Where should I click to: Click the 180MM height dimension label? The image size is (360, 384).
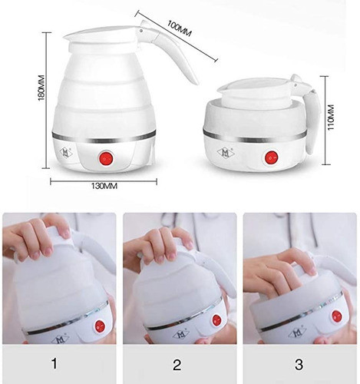point(41,88)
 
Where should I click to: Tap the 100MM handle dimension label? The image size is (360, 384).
point(180,28)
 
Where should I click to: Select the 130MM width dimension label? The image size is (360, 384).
point(104,186)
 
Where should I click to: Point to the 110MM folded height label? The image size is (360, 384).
point(331,118)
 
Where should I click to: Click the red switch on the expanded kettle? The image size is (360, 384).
point(106,159)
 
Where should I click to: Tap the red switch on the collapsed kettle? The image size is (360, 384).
point(272,157)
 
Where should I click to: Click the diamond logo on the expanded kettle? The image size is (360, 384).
point(66,153)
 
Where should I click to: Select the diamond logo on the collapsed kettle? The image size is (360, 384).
point(226,152)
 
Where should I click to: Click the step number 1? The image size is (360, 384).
point(54,364)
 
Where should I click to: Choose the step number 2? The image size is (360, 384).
point(177,365)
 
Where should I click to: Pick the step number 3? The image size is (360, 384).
point(299,364)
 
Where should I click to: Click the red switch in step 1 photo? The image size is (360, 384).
point(100,326)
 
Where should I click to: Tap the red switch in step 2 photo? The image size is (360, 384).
point(216,319)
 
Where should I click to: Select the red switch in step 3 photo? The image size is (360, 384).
point(336,316)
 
